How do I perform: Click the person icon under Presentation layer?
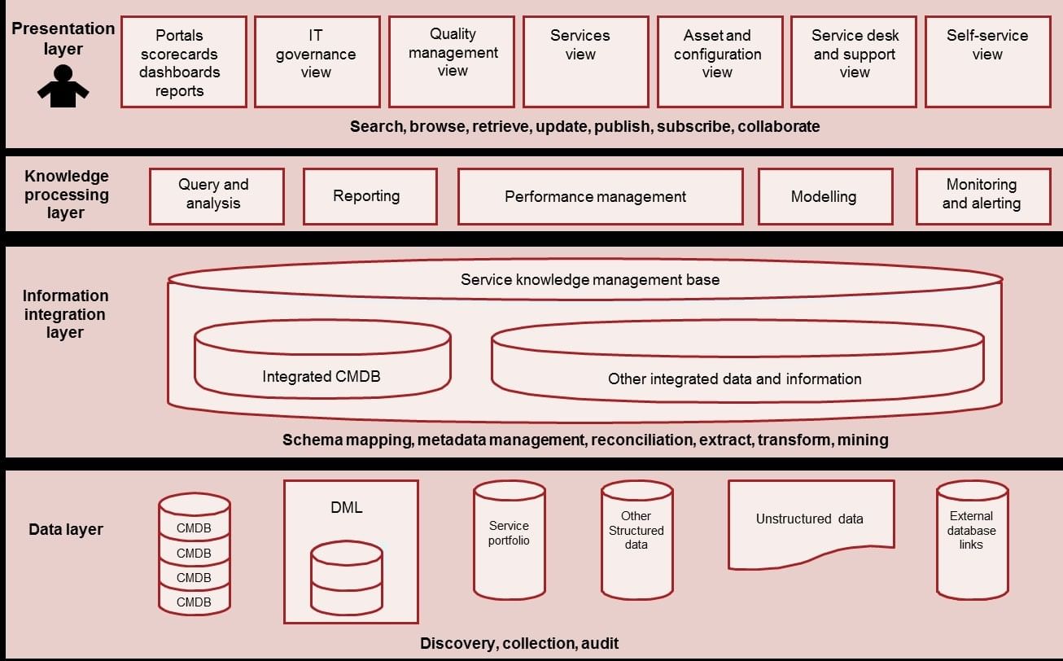coord(63,86)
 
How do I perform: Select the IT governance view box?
coord(316,62)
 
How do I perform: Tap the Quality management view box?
coord(452,62)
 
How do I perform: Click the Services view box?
coord(585,62)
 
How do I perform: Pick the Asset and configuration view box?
coord(717,62)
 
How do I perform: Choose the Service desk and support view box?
coord(855,62)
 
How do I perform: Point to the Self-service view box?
coord(987,62)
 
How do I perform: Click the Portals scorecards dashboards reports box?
coord(183,63)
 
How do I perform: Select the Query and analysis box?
coord(217,196)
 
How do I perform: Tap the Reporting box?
coord(370,196)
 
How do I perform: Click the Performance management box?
coord(600,196)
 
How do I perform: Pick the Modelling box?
coord(825,196)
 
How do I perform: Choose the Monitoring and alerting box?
coord(982,196)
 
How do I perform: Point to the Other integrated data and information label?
coord(734,379)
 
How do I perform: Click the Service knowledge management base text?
coord(589,280)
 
